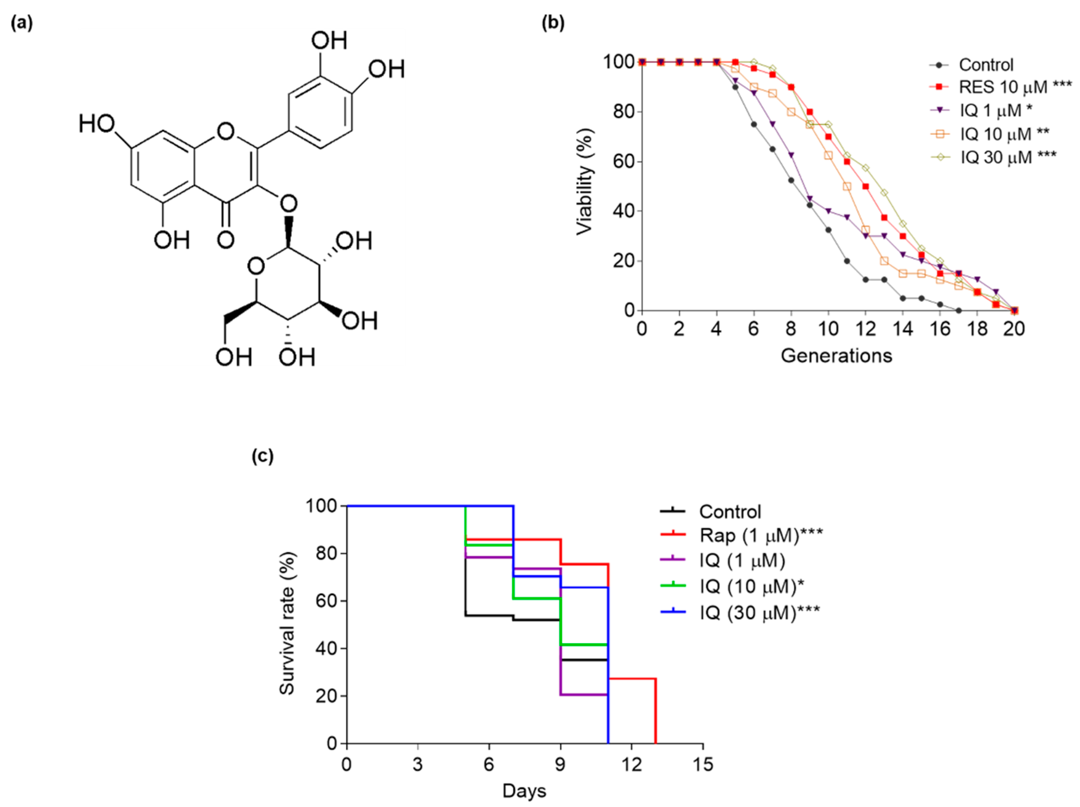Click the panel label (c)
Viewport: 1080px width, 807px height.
(x=263, y=456)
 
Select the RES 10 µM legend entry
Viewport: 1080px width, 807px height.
(x=1001, y=87)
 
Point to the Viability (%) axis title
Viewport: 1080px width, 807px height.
(x=585, y=181)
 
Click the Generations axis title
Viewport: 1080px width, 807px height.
(x=836, y=356)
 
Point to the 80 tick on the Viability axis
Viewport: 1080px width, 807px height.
(x=624, y=112)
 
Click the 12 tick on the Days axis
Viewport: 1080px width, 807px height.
(x=632, y=764)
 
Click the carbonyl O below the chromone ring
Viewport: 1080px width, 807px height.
(x=226, y=240)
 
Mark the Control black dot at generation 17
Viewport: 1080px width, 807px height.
(x=959, y=311)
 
